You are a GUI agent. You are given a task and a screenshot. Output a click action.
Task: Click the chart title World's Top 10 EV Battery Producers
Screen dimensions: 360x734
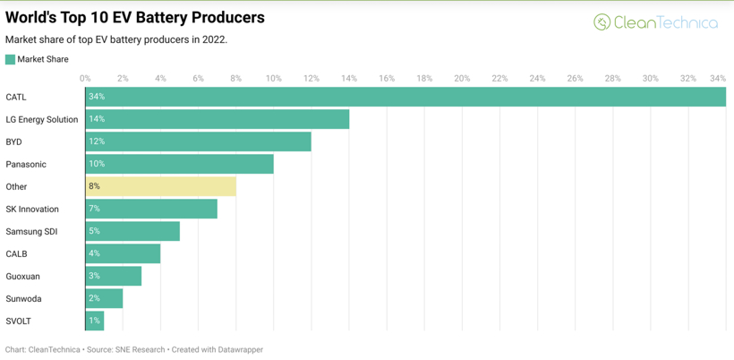(135, 17)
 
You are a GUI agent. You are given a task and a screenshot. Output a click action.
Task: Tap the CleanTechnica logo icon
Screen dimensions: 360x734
(602, 22)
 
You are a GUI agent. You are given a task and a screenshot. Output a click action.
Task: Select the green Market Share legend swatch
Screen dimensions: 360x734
(10, 59)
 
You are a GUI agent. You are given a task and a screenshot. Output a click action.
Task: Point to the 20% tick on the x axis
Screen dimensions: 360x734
(462, 79)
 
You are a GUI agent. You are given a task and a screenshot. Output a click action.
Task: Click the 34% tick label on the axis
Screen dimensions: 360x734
(718, 79)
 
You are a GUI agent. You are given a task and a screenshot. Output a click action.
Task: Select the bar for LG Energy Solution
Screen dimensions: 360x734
(218, 119)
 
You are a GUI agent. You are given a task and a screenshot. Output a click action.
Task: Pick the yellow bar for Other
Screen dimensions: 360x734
(161, 186)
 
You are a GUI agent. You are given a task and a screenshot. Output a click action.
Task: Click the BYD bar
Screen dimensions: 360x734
(198, 141)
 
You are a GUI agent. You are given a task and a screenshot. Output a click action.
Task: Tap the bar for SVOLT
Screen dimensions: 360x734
(95, 321)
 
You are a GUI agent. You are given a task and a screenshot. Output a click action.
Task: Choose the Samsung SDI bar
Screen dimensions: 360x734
(132, 231)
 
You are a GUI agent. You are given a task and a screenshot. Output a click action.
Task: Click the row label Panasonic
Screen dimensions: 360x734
(26, 165)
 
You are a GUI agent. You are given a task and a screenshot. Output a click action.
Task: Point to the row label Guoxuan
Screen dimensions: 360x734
(23, 277)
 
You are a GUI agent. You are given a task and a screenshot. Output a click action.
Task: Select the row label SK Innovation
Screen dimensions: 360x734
(32, 210)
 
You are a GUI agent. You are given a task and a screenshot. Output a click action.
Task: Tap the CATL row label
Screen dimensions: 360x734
(16, 98)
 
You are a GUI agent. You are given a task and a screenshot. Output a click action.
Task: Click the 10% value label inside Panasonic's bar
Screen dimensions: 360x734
(97, 164)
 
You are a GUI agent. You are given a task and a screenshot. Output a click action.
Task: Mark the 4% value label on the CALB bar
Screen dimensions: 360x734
(94, 253)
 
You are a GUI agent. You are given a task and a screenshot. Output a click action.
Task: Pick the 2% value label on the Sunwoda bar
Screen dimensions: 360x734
(94, 298)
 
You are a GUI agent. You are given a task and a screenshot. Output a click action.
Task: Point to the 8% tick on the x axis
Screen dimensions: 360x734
(235, 79)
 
